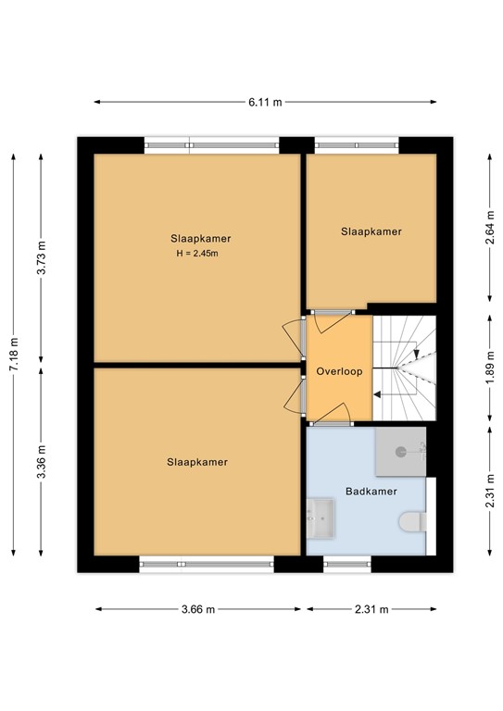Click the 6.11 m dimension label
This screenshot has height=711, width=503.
point(264,103)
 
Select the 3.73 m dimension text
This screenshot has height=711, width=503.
point(40,253)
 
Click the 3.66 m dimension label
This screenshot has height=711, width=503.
point(198,609)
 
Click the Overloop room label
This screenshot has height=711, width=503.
point(339,371)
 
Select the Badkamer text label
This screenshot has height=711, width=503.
point(367,492)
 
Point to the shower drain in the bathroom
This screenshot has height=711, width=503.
point(401,452)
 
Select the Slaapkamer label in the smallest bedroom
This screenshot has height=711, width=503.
point(371,231)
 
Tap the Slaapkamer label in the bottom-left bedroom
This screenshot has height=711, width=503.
point(197,461)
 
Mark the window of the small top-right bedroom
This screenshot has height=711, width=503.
point(357,145)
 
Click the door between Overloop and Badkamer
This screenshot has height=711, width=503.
point(329,422)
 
